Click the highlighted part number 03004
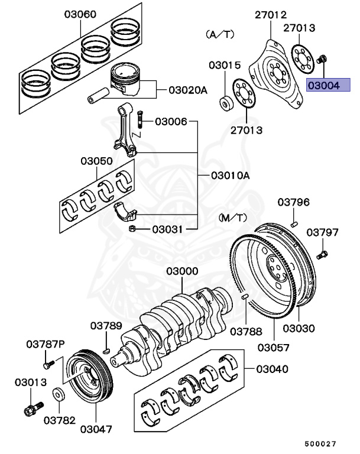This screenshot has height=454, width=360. point(328,86)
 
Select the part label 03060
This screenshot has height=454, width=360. point(80,14)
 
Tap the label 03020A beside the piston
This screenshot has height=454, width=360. point(187,90)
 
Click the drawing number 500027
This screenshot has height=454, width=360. point(320,443)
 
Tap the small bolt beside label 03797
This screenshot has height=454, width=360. point(322,255)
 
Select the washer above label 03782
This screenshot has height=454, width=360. point(59,393)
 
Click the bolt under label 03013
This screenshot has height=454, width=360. point(32,408)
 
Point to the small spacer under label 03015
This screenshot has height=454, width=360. point(225,103)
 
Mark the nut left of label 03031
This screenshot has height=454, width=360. point(133,229)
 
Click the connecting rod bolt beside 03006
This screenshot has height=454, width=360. point(140,121)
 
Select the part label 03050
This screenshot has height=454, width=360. point(97,161)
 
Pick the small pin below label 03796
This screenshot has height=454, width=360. point(293,223)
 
